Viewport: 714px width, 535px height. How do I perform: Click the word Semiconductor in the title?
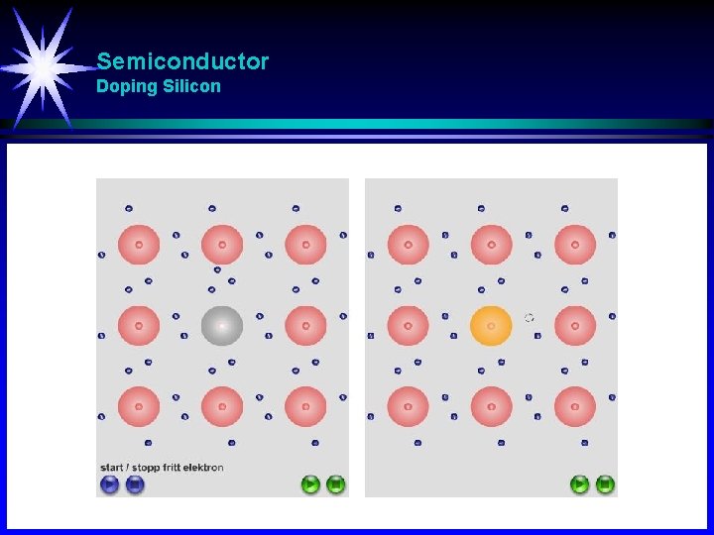click(182, 61)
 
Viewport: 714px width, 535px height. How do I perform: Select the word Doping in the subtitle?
click(127, 86)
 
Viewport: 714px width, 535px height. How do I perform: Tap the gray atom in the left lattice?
click(222, 326)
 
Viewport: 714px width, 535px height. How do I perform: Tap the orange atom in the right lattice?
click(491, 326)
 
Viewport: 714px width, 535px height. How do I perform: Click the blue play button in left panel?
click(109, 484)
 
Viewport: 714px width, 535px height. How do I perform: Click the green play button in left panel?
click(310, 484)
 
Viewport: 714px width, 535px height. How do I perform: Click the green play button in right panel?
click(579, 484)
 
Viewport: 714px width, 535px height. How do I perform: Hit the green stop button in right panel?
click(605, 484)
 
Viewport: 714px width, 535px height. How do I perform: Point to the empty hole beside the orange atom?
click(529, 318)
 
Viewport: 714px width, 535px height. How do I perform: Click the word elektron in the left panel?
click(203, 468)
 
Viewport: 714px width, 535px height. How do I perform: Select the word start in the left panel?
click(111, 468)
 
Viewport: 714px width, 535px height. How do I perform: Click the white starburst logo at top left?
click(45, 65)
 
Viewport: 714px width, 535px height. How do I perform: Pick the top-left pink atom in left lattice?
click(139, 245)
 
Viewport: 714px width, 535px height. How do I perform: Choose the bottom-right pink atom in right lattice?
click(575, 406)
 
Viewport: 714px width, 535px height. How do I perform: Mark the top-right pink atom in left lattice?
click(305, 245)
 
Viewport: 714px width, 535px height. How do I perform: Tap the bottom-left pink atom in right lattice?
click(408, 406)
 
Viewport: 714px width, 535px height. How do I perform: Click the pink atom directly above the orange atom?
click(491, 245)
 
